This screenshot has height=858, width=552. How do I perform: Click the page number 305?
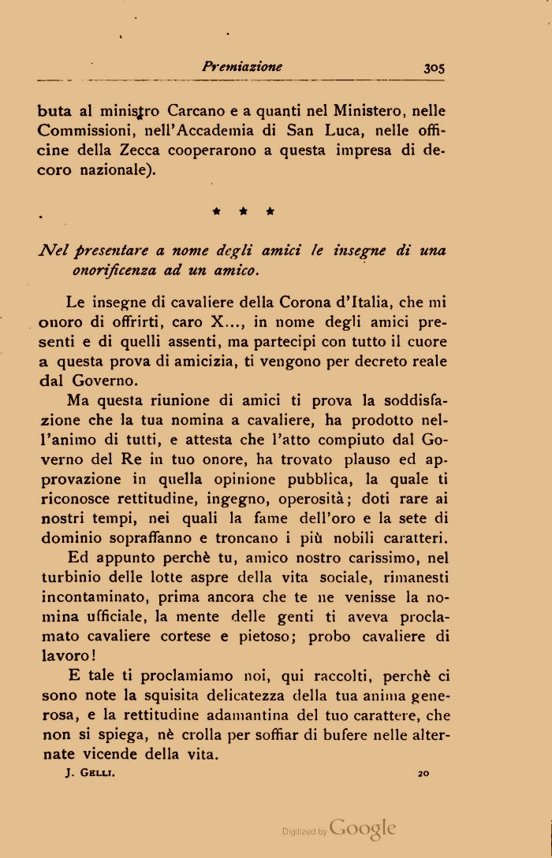click(434, 68)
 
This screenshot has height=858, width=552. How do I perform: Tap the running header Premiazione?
click(241, 67)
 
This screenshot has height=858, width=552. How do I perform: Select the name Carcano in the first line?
click(196, 112)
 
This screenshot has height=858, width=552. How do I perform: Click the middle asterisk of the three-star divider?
click(244, 212)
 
